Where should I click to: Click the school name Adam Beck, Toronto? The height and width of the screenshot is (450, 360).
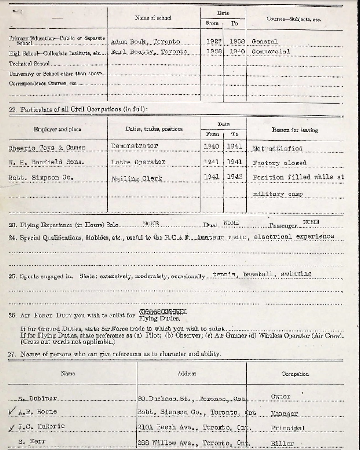click(145, 41)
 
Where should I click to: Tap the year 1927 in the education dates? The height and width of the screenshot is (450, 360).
click(214, 41)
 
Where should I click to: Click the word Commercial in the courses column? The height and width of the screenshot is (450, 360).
click(270, 51)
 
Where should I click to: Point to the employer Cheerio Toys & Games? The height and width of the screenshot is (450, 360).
click(47, 147)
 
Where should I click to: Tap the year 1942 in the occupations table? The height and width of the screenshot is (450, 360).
click(234, 177)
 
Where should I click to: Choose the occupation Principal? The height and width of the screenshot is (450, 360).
click(288, 428)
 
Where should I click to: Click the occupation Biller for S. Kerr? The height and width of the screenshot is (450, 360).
click(282, 443)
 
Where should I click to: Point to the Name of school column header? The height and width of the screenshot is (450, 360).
click(153, 18)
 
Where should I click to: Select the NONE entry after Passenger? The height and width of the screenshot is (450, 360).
click(311, 222)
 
